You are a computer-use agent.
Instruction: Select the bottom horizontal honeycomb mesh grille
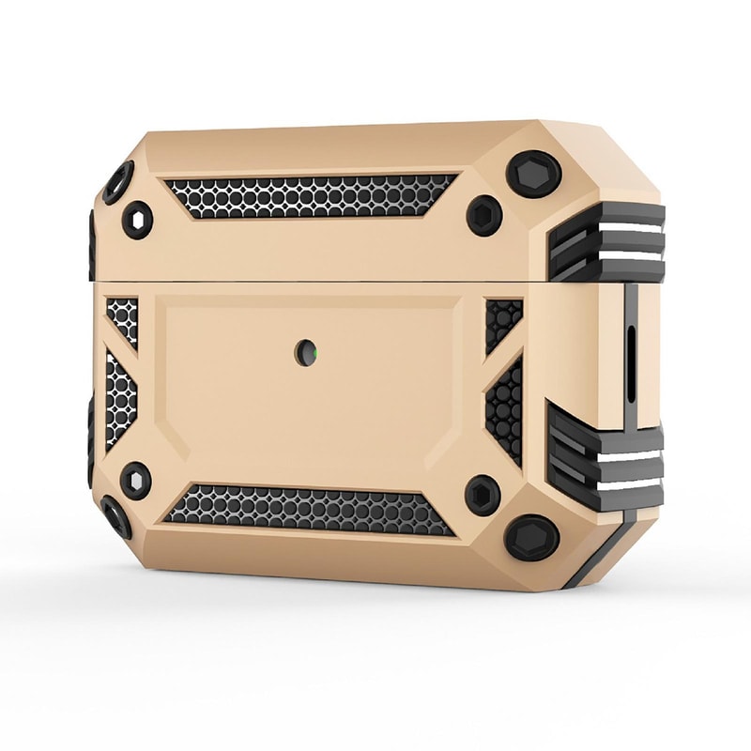[310, 508]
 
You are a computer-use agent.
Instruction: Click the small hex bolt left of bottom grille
[137, 480]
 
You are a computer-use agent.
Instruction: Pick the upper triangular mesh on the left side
[121, 319]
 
